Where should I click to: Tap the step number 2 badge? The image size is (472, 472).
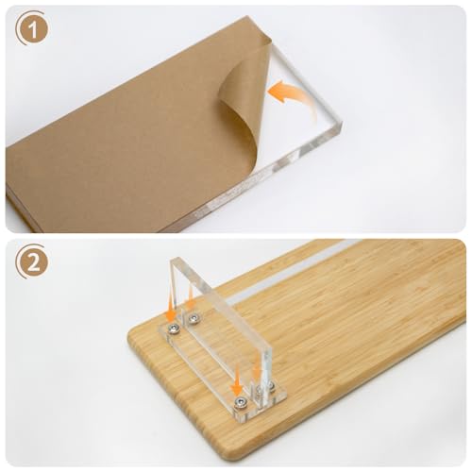click(32, 263)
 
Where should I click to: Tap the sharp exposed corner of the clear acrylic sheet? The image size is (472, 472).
click(342, 126)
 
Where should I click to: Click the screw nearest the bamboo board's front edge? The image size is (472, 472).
click(240, 401)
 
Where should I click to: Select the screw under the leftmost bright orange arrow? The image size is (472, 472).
click(174, 329)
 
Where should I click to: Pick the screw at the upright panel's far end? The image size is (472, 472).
click(192, 320)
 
